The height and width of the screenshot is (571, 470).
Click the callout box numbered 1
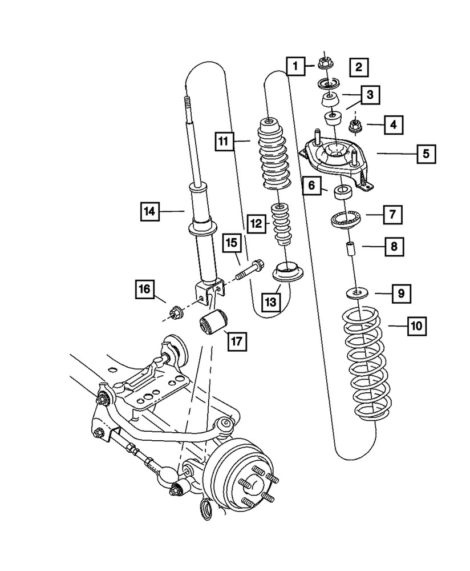click(295, 67)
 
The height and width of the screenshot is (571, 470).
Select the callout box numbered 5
click(426, 154)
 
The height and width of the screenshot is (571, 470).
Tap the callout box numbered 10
click(416, 327)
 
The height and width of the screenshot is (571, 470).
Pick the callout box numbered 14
click(149, 212)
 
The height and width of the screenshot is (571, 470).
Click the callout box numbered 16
click(144, 289)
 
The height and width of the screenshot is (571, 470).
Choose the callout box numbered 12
click(256, 223)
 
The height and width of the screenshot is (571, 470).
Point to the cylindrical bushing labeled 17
click(212, 320)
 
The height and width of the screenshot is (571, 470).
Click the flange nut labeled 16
click(176, 312)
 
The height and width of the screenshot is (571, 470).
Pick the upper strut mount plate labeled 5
click(335, 158)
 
